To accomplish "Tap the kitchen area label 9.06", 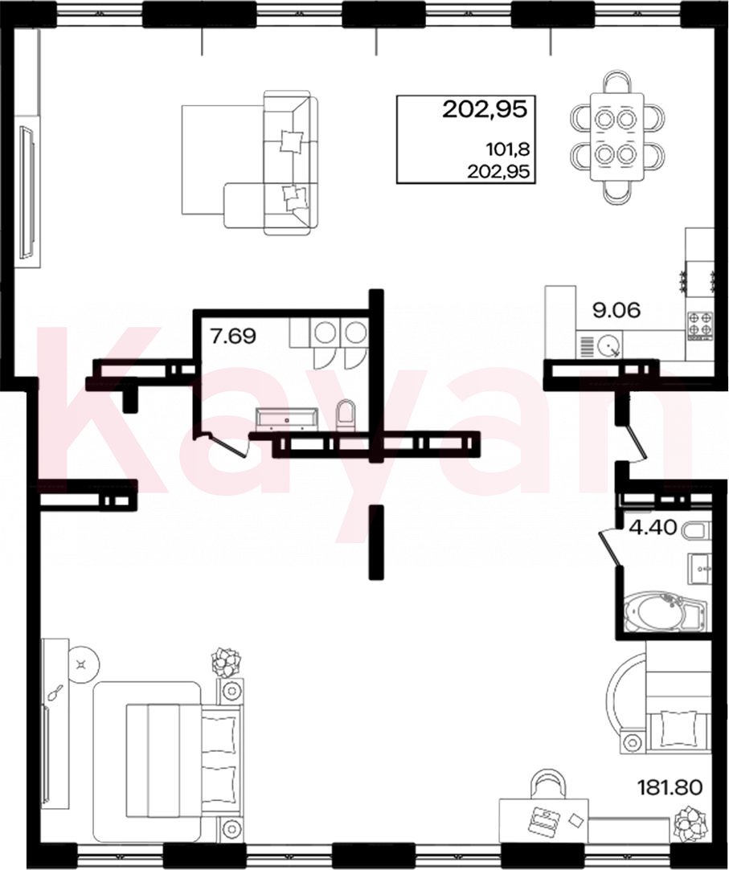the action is pyautogui.click(x=616, y=310).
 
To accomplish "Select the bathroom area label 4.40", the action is pyautogui.click(x=653, y=527).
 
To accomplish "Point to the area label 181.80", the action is pyautogui.click(x=670, y=786).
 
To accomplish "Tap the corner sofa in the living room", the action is pyautogui.click(x=271, y=162).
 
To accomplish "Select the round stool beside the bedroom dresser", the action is pyautogui.click(x=84, y=664).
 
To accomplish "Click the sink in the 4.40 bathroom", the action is pyautogui.click(x=699, y=568).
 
